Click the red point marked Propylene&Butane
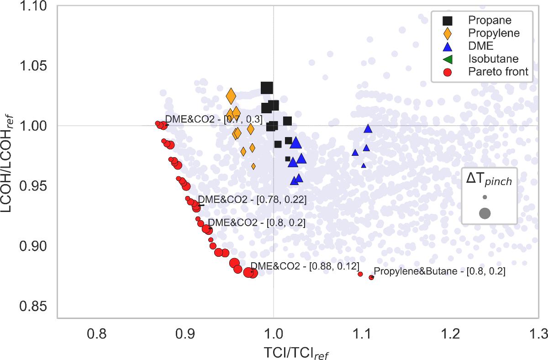coord(371,277)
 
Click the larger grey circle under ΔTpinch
coord(485,213)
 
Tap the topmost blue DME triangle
coord(368,129)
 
